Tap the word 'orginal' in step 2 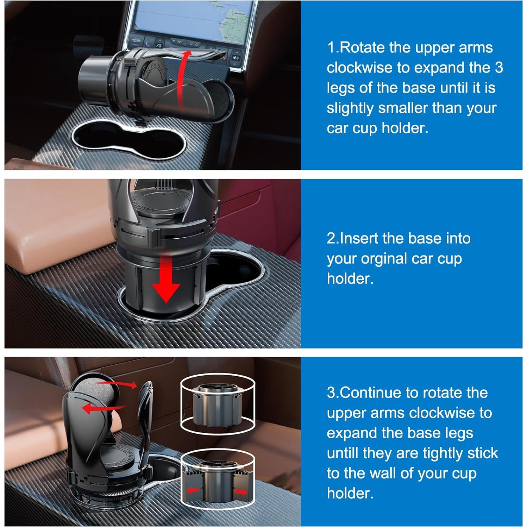tap(383, 259)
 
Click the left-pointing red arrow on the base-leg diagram tap(193, 490)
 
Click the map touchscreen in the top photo tap(194, 19)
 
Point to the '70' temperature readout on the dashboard tap(159, 45)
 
